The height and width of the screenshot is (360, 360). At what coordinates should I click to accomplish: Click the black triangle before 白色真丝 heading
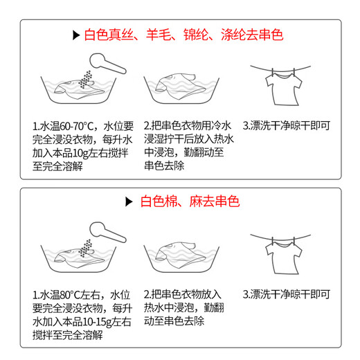(75, 34)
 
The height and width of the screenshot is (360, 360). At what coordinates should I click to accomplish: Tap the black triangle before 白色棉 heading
(127, 202)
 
